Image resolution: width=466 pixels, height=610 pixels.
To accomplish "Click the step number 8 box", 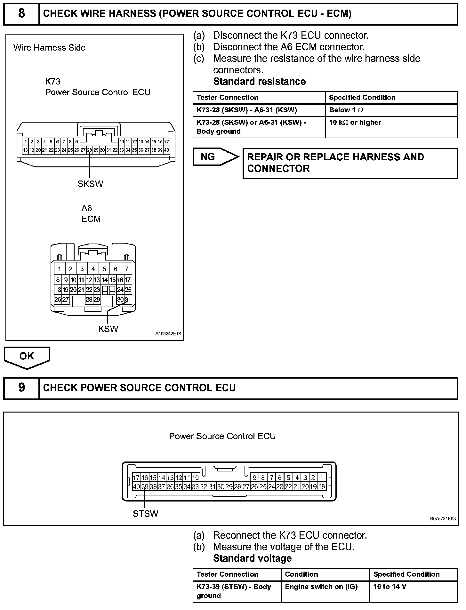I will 21,14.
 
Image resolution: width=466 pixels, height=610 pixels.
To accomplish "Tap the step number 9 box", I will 21,388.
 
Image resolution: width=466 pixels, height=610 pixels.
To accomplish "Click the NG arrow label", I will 208,157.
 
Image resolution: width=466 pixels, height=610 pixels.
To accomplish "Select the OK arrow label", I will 27,356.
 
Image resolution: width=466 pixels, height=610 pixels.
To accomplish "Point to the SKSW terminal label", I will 90,184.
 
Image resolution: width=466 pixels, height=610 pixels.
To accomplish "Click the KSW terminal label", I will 108,329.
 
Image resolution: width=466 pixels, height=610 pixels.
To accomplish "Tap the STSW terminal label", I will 145,513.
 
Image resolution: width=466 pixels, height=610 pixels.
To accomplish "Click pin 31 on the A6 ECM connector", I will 128,300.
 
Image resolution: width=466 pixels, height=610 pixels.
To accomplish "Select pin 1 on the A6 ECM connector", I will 59,269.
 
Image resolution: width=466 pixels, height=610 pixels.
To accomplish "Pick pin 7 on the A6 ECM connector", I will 127,269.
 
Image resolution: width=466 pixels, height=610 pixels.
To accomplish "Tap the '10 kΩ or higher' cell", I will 355,123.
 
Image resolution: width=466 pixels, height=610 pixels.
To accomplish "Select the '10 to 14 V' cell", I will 390,587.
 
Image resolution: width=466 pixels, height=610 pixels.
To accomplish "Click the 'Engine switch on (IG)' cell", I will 321,587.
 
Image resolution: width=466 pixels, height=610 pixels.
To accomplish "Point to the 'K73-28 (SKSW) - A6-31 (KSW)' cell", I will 247,110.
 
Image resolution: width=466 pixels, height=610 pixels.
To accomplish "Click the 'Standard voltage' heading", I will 252,558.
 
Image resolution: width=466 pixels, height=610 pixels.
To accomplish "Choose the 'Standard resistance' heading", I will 259,81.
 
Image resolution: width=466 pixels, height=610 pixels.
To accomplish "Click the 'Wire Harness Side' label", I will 50,48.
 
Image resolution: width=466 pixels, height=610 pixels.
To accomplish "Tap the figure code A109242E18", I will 168,334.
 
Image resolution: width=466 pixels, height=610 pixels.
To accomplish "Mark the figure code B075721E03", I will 443,519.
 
